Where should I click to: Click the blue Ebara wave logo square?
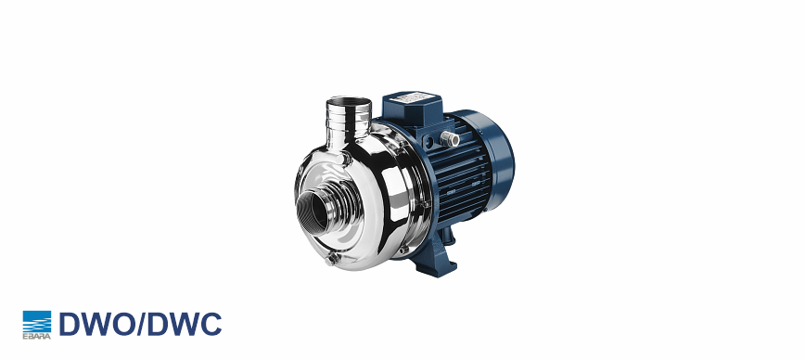37,321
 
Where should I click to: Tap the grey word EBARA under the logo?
37,337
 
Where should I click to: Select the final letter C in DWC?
211,324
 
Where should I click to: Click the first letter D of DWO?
70,324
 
